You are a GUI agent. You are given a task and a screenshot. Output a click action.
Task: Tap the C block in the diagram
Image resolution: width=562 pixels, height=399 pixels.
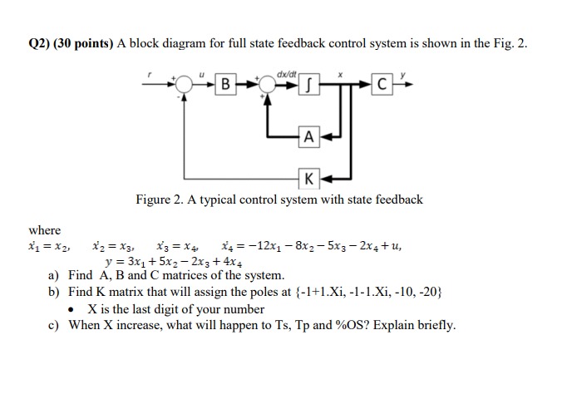(381, 84)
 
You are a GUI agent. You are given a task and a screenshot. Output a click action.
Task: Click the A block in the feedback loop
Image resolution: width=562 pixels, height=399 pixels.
(308, 137)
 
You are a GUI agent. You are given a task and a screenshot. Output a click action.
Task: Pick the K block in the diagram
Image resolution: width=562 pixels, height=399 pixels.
(308, 177)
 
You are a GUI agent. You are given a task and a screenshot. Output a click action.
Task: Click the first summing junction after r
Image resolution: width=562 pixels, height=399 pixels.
(185, 84)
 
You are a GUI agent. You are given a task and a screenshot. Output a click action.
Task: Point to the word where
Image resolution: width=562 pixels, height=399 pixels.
(44, 229)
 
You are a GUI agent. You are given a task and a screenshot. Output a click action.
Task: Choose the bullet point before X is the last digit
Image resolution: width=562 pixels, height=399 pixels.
(77, 308)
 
